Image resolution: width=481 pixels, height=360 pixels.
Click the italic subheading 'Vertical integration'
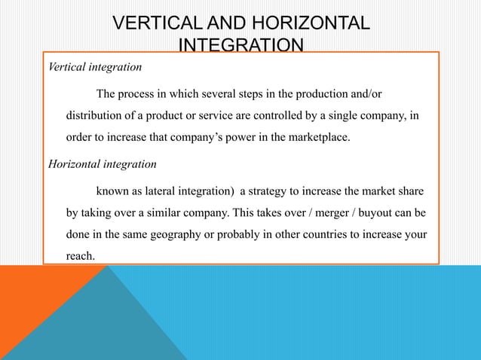[94, 68]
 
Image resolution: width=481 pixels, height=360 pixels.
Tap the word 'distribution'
[97, 119]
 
